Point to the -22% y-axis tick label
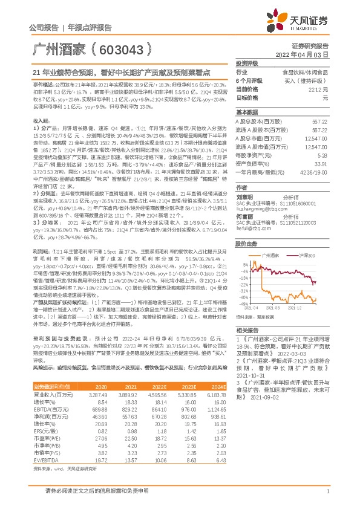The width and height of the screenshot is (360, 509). [243, 267]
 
